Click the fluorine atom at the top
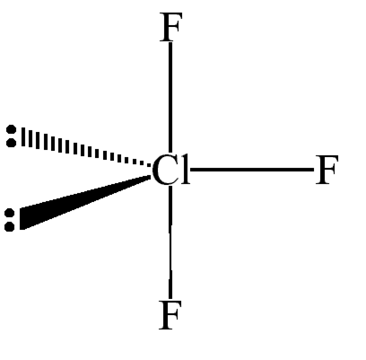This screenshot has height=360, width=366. [x=170, y=27]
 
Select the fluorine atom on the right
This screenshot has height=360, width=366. [x=327, y=170]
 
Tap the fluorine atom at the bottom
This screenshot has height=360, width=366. [x=170, y=315]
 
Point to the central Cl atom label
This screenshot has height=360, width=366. [x=171, y=170]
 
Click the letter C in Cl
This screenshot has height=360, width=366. [x=164, y=170]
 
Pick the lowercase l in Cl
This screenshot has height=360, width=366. [x=185, y=170]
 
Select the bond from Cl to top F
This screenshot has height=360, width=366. [x=170, y=98]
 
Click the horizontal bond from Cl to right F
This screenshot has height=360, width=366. [x=252, y=170]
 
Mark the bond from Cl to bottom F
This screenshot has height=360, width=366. [x=170, y=242]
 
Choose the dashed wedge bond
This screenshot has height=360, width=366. [x=86, y=147]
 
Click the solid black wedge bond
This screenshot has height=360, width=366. [x=85, y=203]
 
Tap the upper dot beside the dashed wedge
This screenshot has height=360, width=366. [x=12, y=130]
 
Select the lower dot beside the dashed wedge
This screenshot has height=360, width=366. [x=12, y=143]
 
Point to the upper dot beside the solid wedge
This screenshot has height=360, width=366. [x=9, y=214]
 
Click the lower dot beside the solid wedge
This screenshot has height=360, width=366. [x=9, y=226]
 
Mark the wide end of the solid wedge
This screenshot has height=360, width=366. [x=22, y=219]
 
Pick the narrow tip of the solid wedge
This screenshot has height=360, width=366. [x=151, y=177]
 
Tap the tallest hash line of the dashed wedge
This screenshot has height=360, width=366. [x=23, y=137]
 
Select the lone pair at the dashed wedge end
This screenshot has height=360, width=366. [x=12, y=136]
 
